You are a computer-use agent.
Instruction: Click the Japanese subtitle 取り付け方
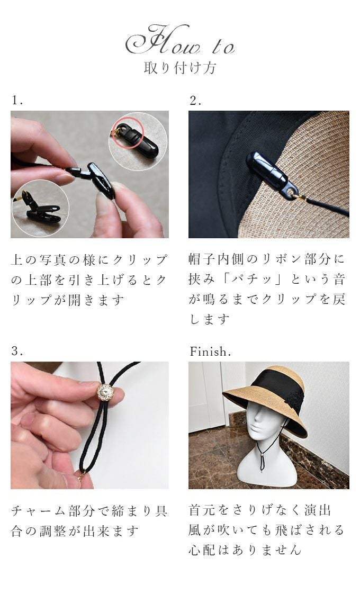(180, 68)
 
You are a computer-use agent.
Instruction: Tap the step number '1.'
(17, 100)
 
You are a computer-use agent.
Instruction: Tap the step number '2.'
(195, 100)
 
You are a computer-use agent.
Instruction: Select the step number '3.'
(17, 351)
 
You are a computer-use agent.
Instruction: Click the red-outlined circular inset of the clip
(138, 141)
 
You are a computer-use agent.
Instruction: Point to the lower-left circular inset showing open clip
(40, 208)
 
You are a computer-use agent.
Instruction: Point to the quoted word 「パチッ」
(249, 280)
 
